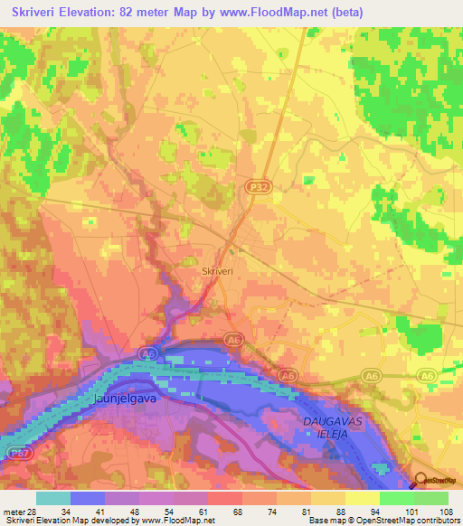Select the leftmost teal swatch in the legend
tap(53, 498)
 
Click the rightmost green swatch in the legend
tap(430, 498)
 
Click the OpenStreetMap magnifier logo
tap(420, 481)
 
